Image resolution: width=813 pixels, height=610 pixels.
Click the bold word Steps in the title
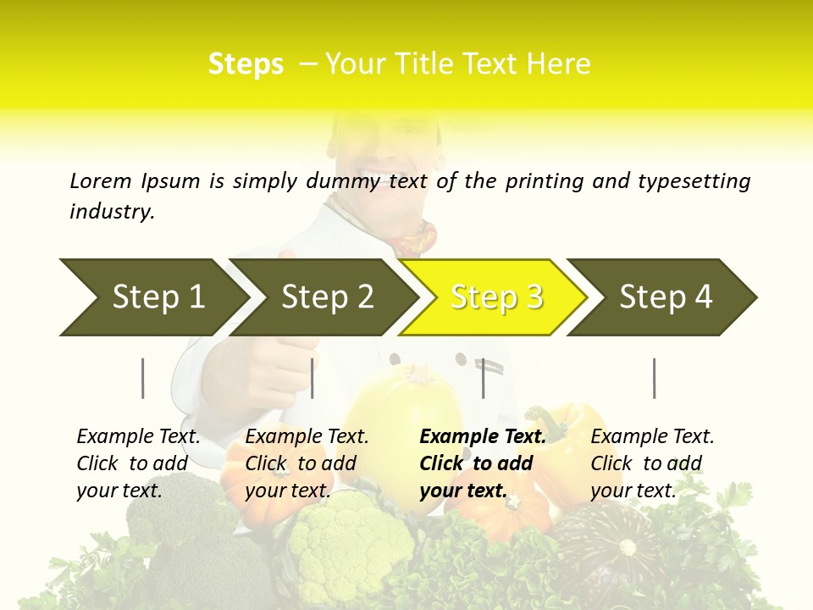(246, 64)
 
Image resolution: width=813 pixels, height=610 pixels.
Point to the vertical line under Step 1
(143, 378)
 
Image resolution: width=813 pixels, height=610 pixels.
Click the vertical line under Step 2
(312, 378)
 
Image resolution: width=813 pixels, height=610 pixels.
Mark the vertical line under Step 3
(483, 378)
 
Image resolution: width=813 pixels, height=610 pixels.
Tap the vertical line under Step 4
(654, 378)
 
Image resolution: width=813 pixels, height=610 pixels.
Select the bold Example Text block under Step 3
(482, 463)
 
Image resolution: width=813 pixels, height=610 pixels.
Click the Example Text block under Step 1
(138, 463)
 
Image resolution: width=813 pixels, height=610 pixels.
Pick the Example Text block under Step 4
(652, 463)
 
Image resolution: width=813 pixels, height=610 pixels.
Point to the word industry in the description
(111, 212)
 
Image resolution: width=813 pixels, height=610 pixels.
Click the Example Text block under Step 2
(307, 463)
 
